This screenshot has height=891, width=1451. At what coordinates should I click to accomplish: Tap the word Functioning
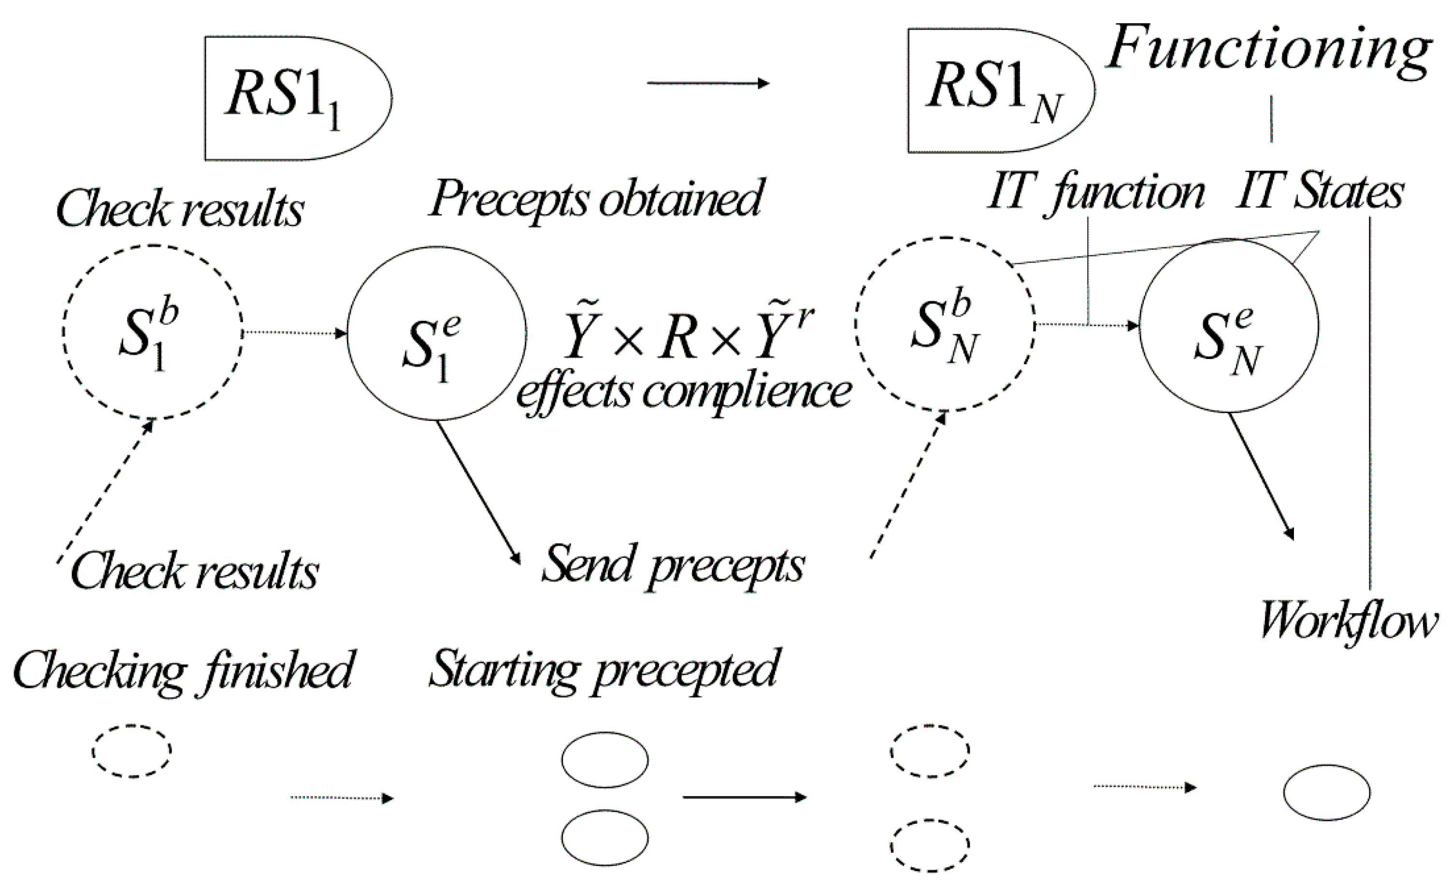point(1269,50)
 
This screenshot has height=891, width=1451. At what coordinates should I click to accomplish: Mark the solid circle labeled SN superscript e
point(1228,326)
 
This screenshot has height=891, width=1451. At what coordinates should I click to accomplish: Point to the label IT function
point(1096,193)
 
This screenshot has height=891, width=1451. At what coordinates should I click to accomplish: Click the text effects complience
point(683,392)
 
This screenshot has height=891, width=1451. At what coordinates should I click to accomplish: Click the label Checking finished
point(183,671)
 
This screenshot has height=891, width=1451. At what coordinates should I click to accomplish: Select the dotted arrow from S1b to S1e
point(295,333)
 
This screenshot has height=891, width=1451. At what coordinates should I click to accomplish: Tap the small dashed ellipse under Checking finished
point(131,751)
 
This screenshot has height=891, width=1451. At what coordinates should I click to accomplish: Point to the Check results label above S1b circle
point(180,209)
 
